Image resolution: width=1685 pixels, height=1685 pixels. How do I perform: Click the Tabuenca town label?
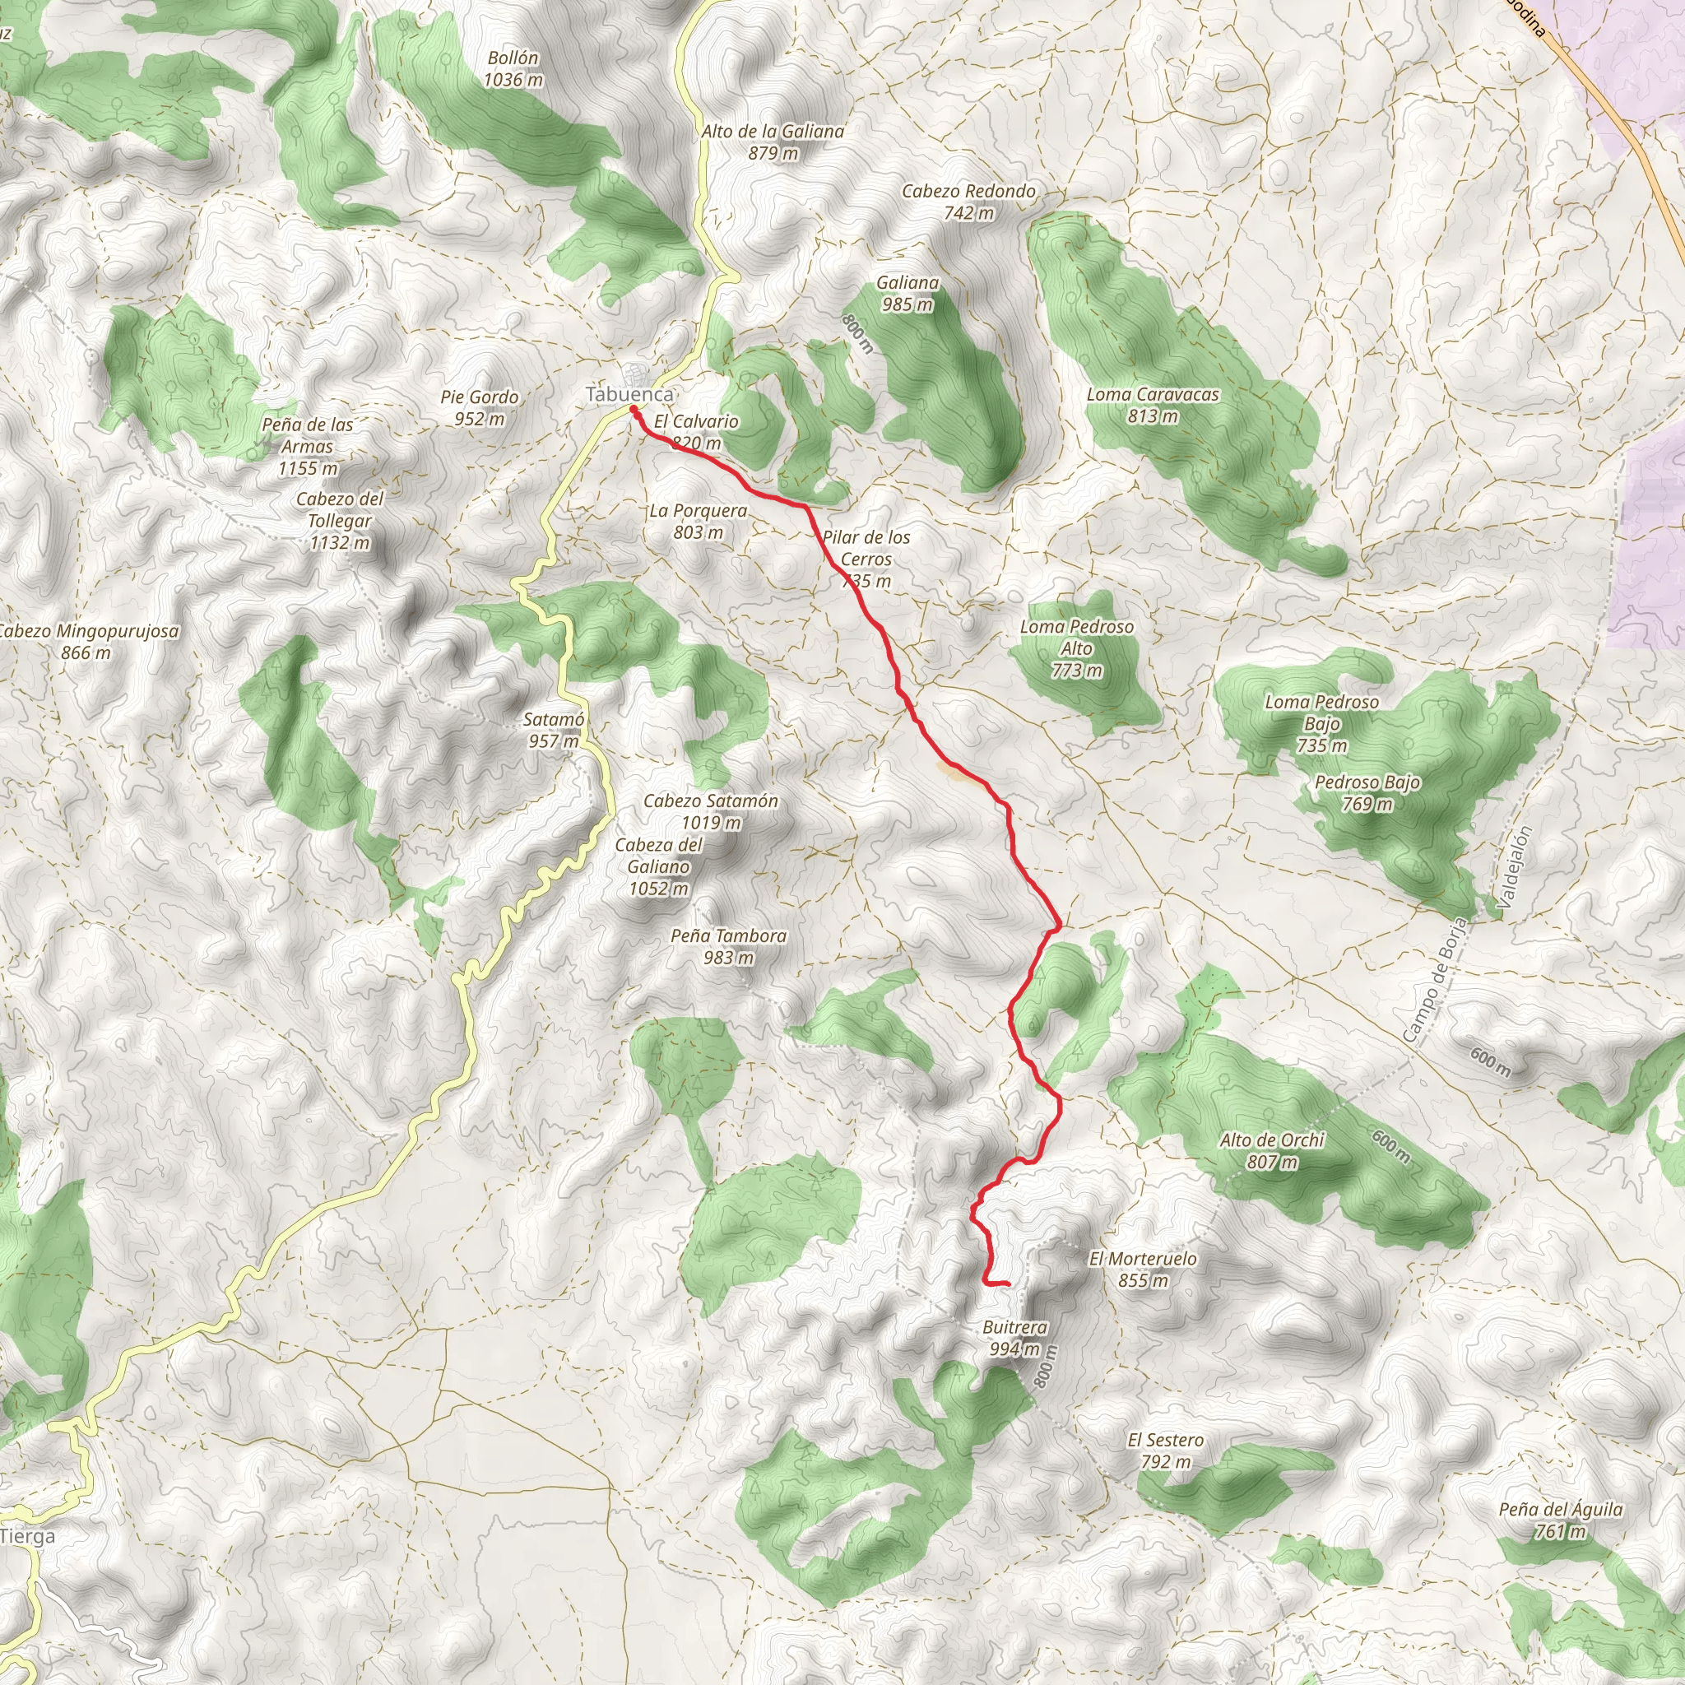coord(629,394)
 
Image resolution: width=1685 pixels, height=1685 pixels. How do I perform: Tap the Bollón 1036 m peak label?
coord(513,69)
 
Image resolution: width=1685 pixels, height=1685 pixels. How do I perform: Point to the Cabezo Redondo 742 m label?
coord(968,202)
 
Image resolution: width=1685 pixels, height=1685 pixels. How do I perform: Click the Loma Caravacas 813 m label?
coord(1152,406)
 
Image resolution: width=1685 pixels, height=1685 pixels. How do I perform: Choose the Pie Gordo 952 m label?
coord(479,407)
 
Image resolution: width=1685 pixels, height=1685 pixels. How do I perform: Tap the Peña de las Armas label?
coord(307,446)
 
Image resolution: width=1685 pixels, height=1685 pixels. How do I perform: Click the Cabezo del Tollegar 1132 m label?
coord(339,521)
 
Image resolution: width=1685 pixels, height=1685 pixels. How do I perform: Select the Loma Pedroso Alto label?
coord(1076,648)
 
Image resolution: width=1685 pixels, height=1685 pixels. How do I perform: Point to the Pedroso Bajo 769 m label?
coord(1367,793)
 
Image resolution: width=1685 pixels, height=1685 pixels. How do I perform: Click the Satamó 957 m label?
coord(553,730)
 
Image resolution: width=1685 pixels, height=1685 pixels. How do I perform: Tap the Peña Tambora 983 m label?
coord(728,946)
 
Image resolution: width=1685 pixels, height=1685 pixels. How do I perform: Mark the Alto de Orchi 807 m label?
coord(1272,1150)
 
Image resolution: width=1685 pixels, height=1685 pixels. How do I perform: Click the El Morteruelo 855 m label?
coord(1143,1269)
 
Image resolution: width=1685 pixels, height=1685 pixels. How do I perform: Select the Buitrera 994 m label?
coord(1014,1338)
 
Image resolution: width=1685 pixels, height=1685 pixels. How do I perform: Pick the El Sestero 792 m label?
coord(1165,1451)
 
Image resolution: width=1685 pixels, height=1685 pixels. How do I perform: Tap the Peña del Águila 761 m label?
coord(1560,1520)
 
